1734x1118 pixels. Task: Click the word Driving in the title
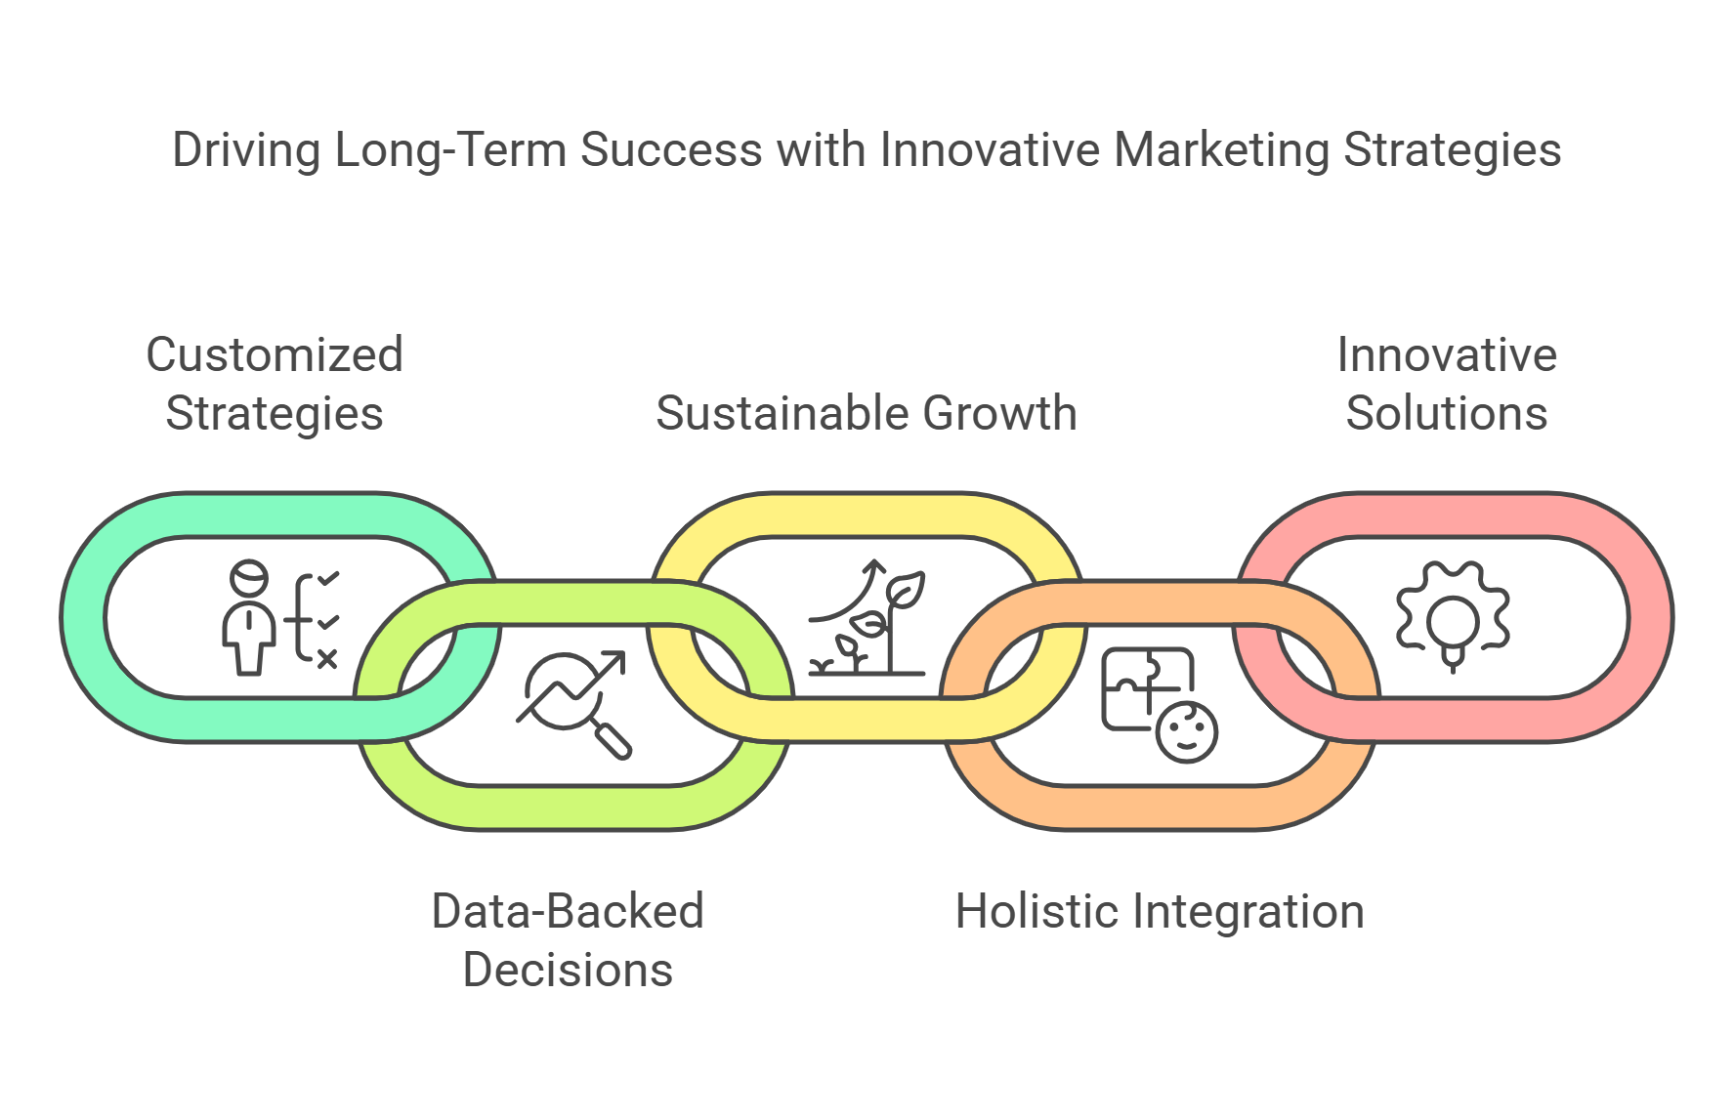point(246,151)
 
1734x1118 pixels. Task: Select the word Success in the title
point(671,150)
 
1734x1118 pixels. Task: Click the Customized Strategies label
point(275,384)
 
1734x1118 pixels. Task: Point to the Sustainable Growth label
point(867,413)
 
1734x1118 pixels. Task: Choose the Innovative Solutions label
point(1447,384)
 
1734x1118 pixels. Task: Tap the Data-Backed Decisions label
point(568,940)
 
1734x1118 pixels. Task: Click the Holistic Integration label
point(1160,912)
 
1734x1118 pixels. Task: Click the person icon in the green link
point(249,617)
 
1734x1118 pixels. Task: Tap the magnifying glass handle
point(613,740)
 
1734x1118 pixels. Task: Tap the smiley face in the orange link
point(1186,731)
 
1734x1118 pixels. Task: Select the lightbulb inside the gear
point(1454,631)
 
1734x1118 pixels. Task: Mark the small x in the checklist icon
point(327,659)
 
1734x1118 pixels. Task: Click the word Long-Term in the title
point(449,151)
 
